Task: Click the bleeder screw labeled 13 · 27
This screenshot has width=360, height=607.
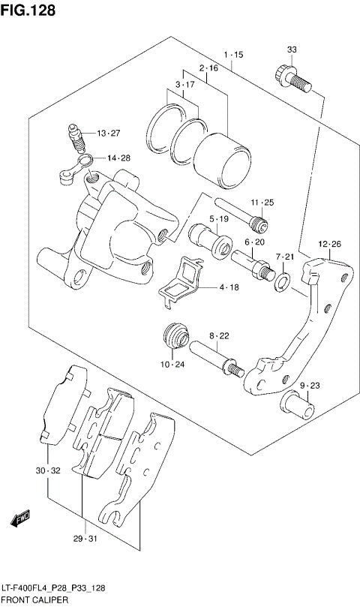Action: (76, 136)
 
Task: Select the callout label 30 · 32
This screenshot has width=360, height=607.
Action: (46, 470)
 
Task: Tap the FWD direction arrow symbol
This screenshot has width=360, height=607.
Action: (20, 518)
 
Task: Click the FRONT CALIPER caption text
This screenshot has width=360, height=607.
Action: (35, 601)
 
